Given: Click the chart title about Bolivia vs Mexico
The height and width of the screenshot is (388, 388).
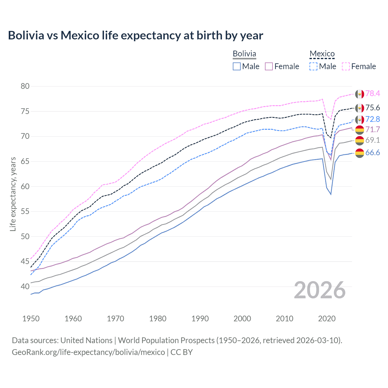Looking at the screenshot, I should click(135, 35).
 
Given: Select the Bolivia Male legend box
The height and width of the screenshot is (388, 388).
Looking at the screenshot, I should click(237, 66).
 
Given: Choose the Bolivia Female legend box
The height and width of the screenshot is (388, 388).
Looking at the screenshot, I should click(269, 66).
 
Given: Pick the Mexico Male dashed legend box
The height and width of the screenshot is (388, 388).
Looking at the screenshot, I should click(313, 66).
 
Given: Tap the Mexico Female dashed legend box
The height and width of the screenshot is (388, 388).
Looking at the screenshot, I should click(346, 66).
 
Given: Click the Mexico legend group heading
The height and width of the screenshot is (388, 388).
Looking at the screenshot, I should click(322, 54).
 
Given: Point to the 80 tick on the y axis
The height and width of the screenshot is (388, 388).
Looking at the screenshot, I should click(25, 86).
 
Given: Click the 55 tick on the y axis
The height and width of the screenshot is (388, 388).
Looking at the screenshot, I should click(25, 211).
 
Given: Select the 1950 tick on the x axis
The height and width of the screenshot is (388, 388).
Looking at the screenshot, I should click(31, 319).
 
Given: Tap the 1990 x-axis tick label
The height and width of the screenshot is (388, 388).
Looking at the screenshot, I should click(200, 319).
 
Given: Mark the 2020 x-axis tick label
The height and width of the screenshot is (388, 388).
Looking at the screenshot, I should click(327, 319).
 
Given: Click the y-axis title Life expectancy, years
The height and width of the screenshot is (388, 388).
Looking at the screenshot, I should click(13, 194).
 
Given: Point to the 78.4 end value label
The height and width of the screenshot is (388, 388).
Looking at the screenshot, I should click(373, 93).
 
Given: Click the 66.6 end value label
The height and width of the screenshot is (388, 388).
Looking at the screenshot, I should click(373, 152).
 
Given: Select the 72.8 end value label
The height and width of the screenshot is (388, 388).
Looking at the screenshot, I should click(373, 119).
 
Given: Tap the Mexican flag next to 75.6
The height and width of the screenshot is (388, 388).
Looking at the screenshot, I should click(360, 108).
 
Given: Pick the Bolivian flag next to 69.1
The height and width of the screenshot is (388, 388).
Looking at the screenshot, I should click(360, 140).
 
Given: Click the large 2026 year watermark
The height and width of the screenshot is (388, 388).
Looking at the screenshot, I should click(319, 290).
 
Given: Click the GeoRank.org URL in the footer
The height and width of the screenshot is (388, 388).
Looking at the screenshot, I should click(88, 352).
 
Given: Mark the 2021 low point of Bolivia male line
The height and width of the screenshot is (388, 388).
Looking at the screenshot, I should click(331, 194).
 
